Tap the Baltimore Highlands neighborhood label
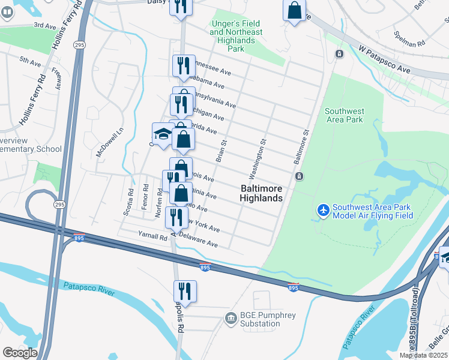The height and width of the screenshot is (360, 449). (x=261, y=193)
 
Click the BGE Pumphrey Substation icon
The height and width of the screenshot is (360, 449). (x=231, y=318)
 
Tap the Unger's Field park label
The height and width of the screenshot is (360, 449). (x=236, y=32)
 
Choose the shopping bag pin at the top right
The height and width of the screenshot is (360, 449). (x=294, y=10)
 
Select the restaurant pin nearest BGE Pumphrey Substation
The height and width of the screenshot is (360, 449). (x=185, y=292)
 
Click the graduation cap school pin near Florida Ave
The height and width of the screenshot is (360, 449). (x=162, y=134)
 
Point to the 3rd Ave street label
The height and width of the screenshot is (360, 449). (x=44, y=25)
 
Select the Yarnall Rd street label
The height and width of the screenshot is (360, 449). (x=153, y=238)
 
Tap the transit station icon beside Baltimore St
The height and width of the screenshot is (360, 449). (x=298, y=176)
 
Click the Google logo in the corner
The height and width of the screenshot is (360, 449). (x=19, y=353)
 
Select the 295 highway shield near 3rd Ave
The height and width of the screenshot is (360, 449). (x=79, y=44)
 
